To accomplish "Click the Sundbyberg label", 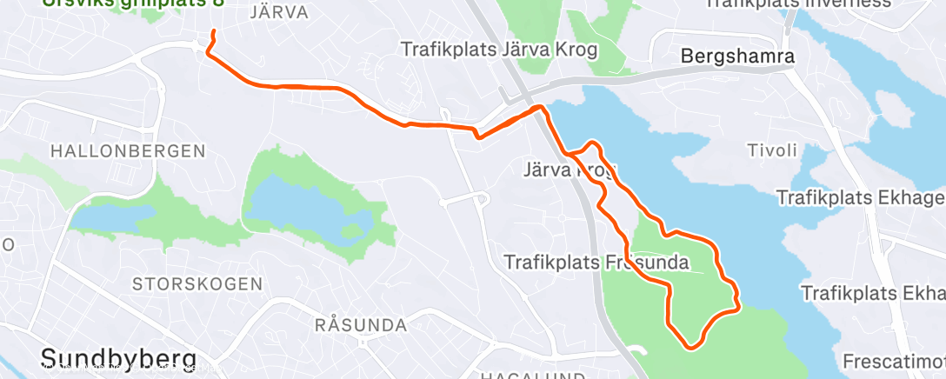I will point(117,358).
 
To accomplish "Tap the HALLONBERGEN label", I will point(128,150).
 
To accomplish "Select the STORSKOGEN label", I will point(197,283).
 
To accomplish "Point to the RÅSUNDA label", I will point(361,326).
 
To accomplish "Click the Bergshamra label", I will point(737,57).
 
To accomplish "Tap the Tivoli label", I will point(772,150).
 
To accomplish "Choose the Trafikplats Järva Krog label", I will point(499,50).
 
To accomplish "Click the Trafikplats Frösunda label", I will point(596,261).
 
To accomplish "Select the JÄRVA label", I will point(278,12).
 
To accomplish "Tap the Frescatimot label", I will point(894,360).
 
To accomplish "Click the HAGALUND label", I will point(520,375).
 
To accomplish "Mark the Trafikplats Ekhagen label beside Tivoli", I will point(859,198).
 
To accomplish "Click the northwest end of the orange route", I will point(213,32).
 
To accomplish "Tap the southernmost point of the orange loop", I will point(691,349).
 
